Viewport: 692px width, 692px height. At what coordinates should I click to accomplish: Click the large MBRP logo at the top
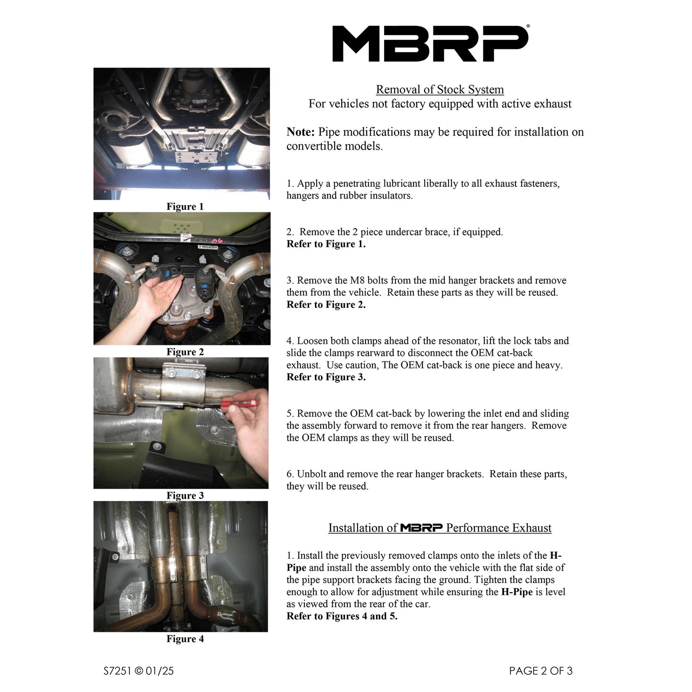tap(430, 43)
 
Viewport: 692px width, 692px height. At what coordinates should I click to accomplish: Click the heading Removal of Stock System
tap(439, 90)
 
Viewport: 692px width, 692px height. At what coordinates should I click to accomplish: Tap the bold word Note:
tap(301, 132)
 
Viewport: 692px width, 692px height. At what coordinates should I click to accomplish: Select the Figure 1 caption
tap(185, 207)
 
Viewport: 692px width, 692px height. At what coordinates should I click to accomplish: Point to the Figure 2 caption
tap(185, 352)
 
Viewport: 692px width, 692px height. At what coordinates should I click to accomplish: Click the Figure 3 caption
tap(185, 496)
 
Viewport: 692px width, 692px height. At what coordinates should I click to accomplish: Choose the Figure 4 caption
tap(185, 639)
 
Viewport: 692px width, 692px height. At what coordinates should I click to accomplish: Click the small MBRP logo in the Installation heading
tap(421, 528)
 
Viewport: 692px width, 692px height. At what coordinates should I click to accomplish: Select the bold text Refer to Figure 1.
tap(326, 244)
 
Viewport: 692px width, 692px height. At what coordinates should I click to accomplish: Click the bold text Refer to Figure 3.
tap(326, 377)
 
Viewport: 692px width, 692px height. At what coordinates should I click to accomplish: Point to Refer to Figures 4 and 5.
tap(342, 616)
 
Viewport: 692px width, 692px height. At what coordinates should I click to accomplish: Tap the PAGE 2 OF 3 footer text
tap(541, 671)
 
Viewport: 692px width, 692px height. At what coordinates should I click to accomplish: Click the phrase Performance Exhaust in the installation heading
tap(499, 528)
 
